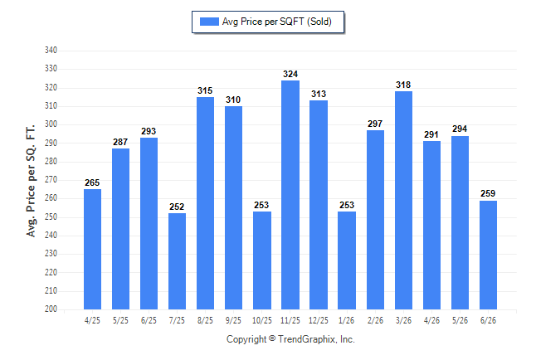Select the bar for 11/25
click(x=290, y=195)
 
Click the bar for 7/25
click(x=177, y=261)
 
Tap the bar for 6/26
click(x=488, y=255)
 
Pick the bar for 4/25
click(x=92, y=249)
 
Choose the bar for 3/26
click(x=403, y=201)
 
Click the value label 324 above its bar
click(x=290, y=74)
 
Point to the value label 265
click(x=92, y=183)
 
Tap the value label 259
click(x=488, y=194)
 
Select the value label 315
click(x=205, y=91)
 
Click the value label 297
click(x=375, y=124)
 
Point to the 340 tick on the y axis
click(x=51, y=51)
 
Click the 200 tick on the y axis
click(x=51, y=309)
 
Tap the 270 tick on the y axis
click(x=51, y=179)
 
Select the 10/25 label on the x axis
click(x=262, y=321)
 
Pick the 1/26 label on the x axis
click(x=347, y=321)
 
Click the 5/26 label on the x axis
click(x=460, y=321)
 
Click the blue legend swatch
click(x=209, y=22)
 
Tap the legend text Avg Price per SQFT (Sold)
click(x=277, y=22)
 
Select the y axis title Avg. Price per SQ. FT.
click(x=31, y=181)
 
